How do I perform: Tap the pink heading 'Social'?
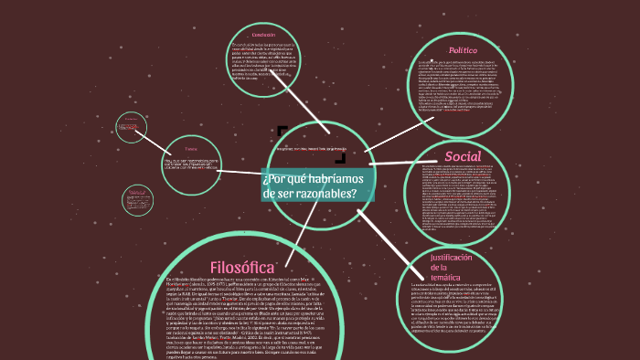point(462,155)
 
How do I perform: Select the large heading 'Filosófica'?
point(243,267)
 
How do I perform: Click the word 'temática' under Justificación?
point(448,277)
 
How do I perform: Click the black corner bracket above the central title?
point(282,131)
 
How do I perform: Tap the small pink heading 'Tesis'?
point(191,148)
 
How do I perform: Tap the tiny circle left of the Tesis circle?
point(132,127)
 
